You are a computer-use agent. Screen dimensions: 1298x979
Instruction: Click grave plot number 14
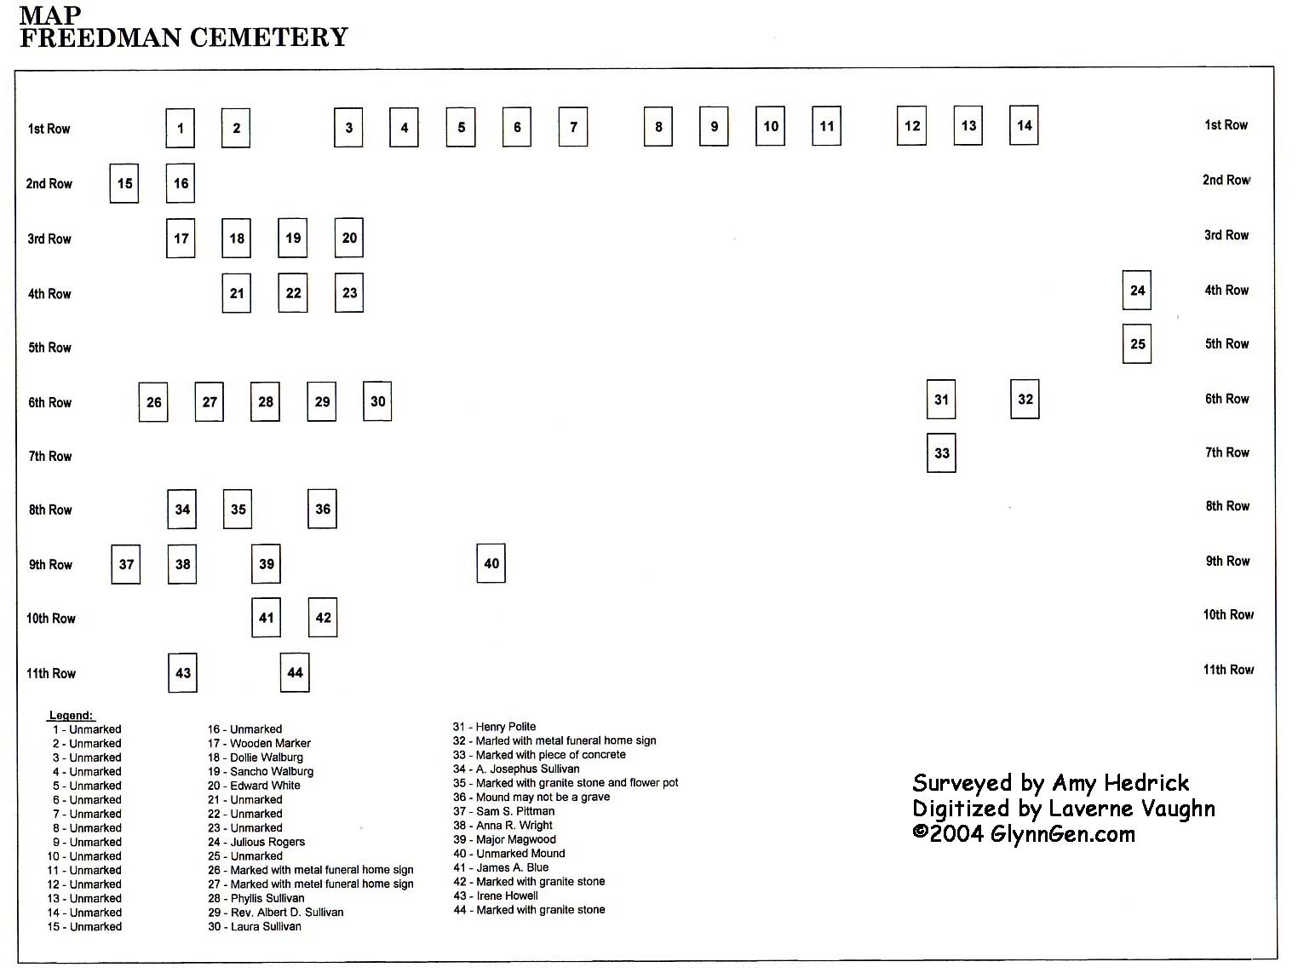tap(1024, 125)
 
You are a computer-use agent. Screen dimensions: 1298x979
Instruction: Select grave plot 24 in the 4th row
tap(1136, 291)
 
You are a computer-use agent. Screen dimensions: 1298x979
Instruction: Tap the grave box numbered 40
tap(491, 563)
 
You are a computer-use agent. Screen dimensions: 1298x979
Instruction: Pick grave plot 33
tap(941, 453)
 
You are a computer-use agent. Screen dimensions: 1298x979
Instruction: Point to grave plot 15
tap(124, 183)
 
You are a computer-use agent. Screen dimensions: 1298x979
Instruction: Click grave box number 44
tap(295, 672)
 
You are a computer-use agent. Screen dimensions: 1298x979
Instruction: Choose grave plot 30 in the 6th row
tap(377, 401)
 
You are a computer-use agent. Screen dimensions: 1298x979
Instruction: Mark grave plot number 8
tap(658, 127)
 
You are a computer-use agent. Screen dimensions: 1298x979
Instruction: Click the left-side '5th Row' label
tap(49, 348)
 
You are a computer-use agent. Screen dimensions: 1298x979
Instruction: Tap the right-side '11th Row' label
tap(1228, 670)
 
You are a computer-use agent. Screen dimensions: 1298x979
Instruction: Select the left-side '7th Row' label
tap(49, 456)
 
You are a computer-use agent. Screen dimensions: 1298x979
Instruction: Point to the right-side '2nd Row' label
tap(1226, 180)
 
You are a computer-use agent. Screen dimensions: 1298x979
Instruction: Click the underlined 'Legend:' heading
tap(71, 715)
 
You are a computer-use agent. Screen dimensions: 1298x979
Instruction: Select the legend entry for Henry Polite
tap(494, 727)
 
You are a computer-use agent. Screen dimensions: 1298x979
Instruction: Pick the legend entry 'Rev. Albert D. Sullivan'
tap(276, 913)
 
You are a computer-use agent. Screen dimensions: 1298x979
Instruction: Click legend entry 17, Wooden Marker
tap(259, 743)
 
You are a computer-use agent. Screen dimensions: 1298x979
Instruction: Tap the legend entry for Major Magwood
tap(504, 839)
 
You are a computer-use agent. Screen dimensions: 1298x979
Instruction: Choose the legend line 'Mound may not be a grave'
tap(531, 797)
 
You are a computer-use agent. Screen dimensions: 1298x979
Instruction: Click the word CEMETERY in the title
tap(269, 37)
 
